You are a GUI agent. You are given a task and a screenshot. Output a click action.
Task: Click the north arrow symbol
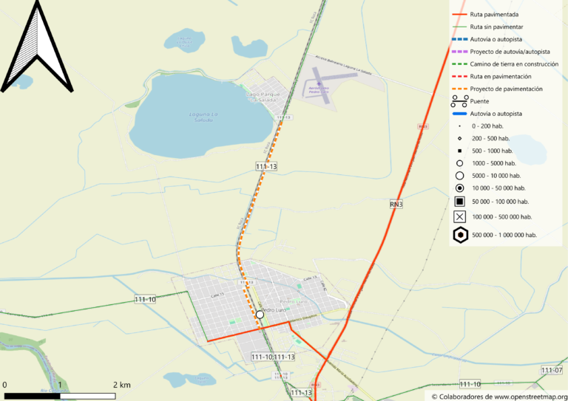[36, 48]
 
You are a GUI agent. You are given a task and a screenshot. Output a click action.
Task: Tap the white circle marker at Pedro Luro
[260, 315]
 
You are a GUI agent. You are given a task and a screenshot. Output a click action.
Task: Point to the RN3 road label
[396, 204]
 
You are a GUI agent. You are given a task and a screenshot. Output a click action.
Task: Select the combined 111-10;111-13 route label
[272, 357]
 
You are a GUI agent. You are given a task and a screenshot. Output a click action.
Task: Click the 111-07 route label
[552, 370]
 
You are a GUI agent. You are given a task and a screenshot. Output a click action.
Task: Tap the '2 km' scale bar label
[122, 385]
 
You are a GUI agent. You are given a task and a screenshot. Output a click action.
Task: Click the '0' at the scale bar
[4, 385]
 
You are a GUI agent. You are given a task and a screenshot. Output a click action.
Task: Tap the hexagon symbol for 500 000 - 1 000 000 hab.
[460, 235]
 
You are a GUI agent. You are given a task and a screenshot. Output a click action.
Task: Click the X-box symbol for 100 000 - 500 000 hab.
[459, 217]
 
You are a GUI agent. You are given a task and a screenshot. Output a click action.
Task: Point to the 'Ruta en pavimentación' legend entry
[501, 76]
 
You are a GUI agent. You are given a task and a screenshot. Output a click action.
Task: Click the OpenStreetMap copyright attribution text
[499, 397]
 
